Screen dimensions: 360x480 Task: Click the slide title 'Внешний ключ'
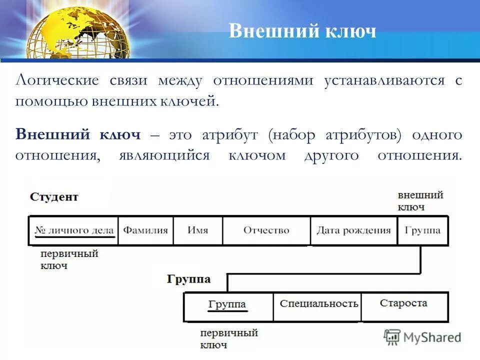click(x=302, y=31)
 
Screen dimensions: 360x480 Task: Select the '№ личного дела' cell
click(x=74, y=230)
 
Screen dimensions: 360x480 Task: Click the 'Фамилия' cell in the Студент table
click(x=145, y=230)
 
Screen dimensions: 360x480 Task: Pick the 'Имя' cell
click(x=198, y=230)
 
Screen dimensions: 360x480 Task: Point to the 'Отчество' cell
click(x=266, y=230)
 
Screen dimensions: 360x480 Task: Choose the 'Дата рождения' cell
click(x=353, y=230)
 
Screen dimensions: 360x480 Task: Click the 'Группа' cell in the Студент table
click(x=423, y=230)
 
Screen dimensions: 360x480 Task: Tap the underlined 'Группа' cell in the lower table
click(x=227, y=304)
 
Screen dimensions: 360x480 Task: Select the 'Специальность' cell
click(x=319, y=304)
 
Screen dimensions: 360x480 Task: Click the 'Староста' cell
click(x=403, y=303)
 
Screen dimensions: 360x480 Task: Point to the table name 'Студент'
click(x=54, y=197)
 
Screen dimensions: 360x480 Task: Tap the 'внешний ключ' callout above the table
click(x=420, y=201)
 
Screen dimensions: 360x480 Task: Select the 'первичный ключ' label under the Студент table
click(x=62, y=259)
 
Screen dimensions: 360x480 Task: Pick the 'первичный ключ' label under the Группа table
click(x=228, y=338)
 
